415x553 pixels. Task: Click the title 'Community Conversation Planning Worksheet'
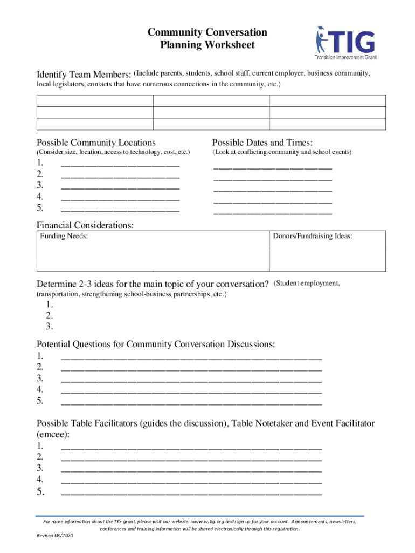(207, 39)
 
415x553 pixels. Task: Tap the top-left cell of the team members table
(95, 101)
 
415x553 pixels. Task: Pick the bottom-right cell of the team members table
(327, 124)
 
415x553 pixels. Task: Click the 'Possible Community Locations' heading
(96, 143)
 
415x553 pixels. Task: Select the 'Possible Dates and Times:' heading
(262, 143)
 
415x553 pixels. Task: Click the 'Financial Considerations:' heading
(85, 225)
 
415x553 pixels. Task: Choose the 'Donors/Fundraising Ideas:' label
(313, 237)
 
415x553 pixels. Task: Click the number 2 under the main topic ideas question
(49, 316)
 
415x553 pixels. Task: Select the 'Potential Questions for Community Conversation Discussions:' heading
(156, 345)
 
